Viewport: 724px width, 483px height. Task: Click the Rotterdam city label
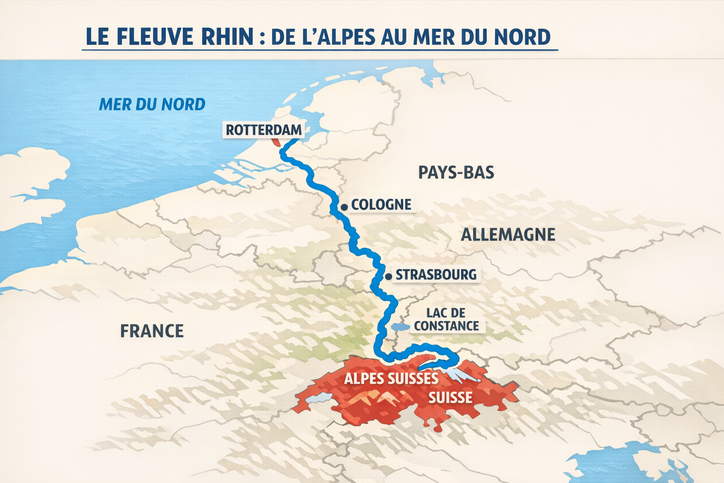click(263, 130)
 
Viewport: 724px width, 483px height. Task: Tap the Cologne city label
click(381, 205)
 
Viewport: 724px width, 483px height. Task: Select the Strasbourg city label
click(436, 275)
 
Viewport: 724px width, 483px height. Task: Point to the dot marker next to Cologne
click(345, 207)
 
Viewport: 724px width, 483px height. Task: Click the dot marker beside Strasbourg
click(388, 276)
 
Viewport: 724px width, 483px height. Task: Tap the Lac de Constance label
click(446, 319)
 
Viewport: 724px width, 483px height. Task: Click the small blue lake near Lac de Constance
click(401, 326)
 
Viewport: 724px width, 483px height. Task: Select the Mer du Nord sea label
click(152, 104)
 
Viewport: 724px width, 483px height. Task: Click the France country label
click(152, 331)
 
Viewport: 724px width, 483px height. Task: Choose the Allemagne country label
click(508, 234)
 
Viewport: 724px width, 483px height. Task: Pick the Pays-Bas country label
click(456, 173)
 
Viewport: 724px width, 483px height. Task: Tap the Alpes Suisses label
click(391, 379)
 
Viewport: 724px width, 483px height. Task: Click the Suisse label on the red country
click(450, 398)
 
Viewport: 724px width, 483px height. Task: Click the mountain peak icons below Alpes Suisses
click(372, 400)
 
